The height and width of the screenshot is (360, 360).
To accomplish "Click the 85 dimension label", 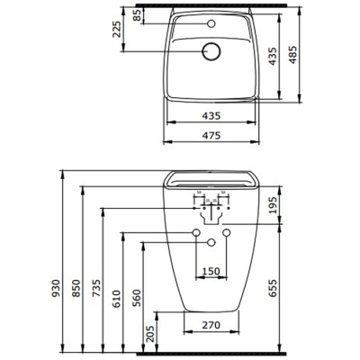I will coord(136,15).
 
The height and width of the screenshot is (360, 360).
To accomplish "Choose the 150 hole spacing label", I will coord(211,271).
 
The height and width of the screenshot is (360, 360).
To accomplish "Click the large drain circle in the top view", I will coord(212,52).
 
